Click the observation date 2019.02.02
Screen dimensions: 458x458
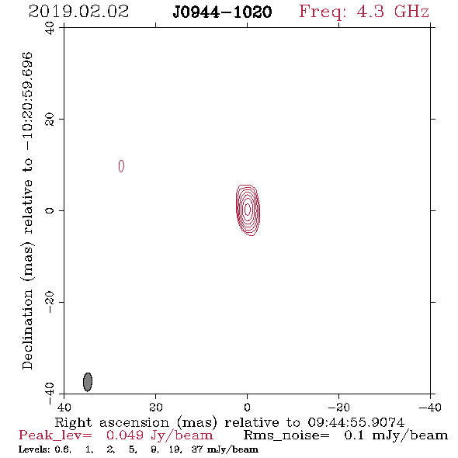pos(78,12)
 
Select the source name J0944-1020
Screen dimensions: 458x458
pos(222,12)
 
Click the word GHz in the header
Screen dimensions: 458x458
pos(411,12)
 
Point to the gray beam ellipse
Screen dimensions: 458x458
pos(88,382)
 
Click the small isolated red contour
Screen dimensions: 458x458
pos(121,166)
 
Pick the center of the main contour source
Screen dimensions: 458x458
pos(248,210)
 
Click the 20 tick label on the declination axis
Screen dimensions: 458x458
pos(50,120)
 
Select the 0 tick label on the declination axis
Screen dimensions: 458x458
pos(50,210)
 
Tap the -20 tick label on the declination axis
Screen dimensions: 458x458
pos(50,302)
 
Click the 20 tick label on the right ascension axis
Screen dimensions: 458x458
pos(156,407)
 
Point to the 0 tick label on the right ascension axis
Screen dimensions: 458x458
pos(247,407)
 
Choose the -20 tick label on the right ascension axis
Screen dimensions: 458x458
pos(338,407)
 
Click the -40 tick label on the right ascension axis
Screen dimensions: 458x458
pos(430,407)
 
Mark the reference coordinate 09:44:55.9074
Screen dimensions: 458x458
pos(356,422)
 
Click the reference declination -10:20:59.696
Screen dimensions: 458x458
pos(28,101)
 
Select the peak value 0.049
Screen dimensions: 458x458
pos(125,435)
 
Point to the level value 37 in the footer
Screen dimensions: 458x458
pos(197,449)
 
